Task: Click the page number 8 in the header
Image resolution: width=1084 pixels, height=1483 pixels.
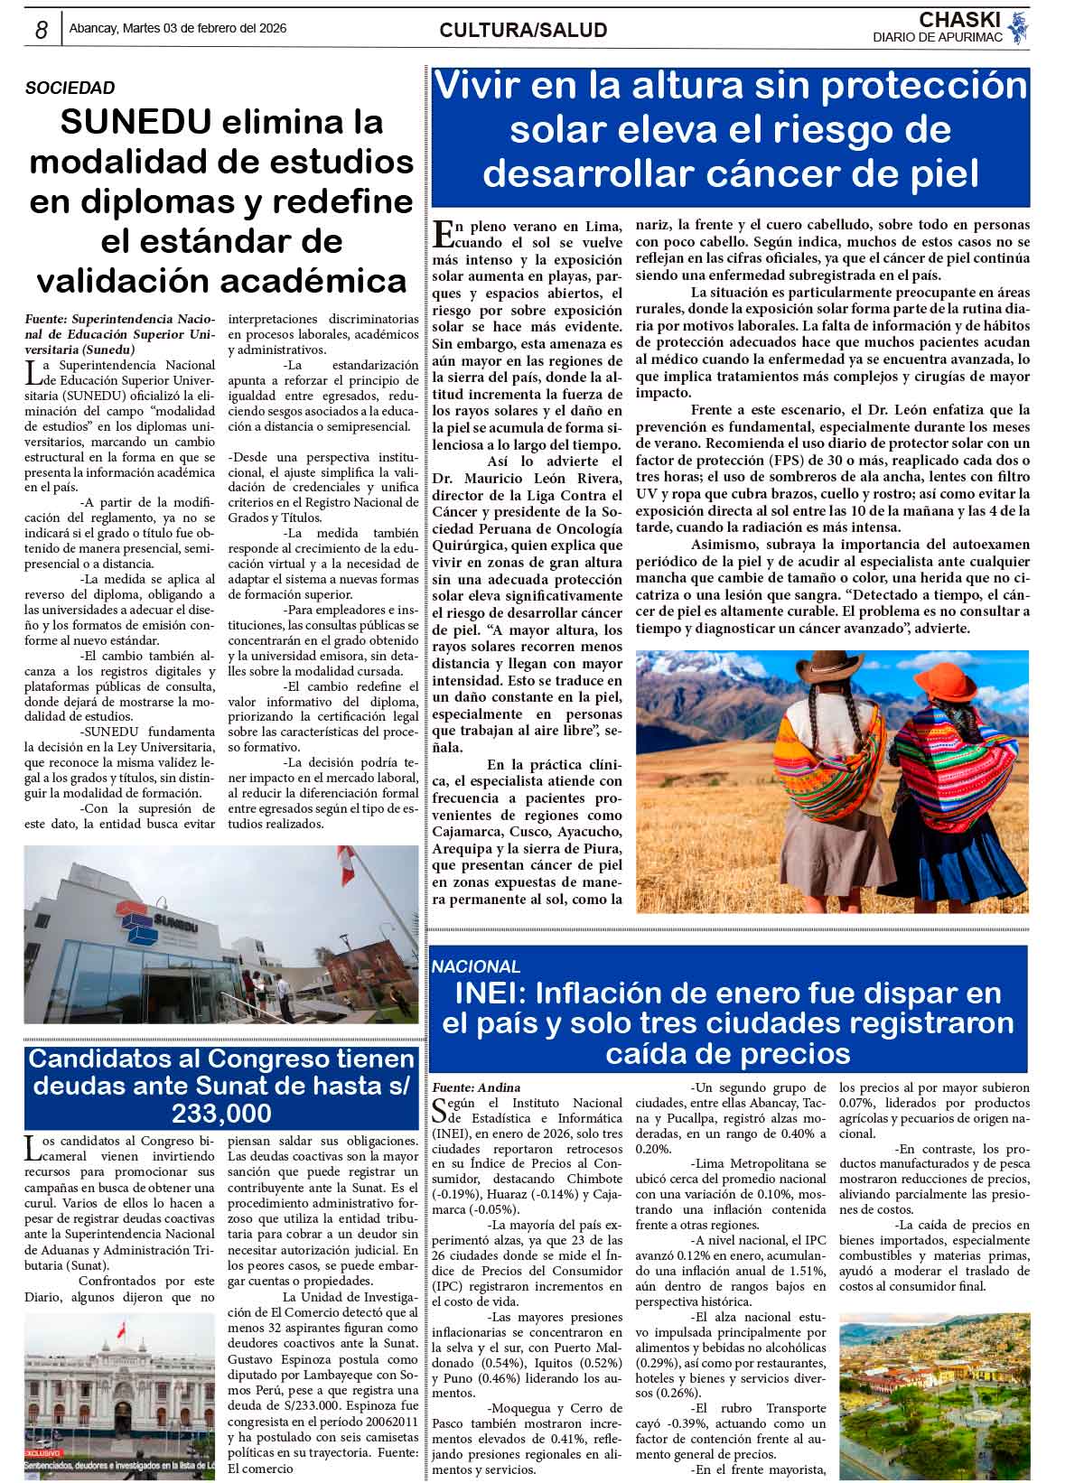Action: tap(41, 30)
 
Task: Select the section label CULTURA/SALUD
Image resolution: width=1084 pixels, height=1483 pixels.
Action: tap(523, 31)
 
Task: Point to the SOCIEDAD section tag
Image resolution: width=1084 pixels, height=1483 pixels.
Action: tap(70, 88)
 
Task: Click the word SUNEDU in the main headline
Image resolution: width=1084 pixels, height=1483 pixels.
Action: tap(135, 121)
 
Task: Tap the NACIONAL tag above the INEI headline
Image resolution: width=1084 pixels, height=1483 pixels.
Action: tap(476, 966)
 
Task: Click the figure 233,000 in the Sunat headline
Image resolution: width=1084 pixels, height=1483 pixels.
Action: tap(221, 1112)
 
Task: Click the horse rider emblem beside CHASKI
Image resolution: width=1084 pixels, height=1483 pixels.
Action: tap(1018, 27)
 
